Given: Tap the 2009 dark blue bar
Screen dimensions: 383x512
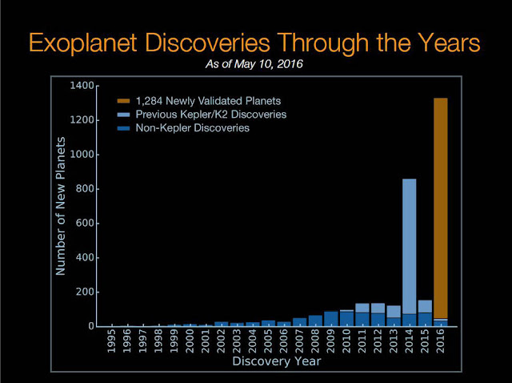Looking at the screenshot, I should pos(330,319).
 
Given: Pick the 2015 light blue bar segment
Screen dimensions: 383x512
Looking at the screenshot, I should pos(425,306).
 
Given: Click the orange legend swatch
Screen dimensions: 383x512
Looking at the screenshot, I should pos(123,101).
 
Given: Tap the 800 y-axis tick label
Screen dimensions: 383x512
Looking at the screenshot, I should pos(87,188).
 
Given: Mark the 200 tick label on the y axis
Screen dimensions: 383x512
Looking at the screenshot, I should pos(87,292).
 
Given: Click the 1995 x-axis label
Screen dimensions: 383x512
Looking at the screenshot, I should pos(112,342).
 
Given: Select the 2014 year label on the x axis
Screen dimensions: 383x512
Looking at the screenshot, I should pos(409,342).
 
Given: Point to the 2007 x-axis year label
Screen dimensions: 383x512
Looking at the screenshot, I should pos(299,342).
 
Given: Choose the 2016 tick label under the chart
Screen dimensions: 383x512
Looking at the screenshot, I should pos(441,342).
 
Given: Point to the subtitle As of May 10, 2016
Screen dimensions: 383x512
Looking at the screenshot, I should pos(256,64).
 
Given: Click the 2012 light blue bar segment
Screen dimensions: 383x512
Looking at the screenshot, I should pos(378,308).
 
